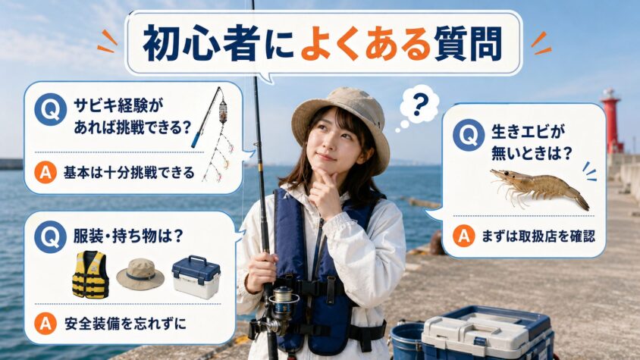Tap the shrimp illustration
tap(540, 189)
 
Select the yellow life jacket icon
tap(90, 274)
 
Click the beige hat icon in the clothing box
tap(140, 274)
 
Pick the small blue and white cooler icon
tap(196, 277)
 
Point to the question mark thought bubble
tap(419, 107)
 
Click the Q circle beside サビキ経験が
tap(51, 109)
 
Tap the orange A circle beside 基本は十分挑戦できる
tap(45, 173)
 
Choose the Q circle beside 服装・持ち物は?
tap(51, 237)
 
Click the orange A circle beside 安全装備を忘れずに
tap(45, 324)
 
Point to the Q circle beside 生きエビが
tap(469, 135)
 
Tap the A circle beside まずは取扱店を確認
tap(464, 236)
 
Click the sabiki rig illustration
tap(215, 134)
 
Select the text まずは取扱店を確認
tap(538, 236)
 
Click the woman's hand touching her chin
tap(325, 192)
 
